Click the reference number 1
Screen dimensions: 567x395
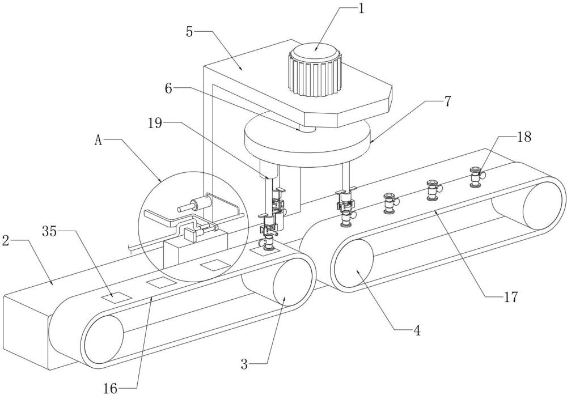point(361,9)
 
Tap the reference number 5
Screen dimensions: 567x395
point(190,32)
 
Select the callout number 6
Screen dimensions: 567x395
point(169,88)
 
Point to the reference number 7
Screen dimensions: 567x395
point(447,101)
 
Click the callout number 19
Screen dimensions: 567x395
point(155,123)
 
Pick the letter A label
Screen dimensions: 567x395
point(99,141)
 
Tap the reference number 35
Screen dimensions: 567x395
point(49,231)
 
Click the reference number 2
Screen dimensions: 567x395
point(6,241)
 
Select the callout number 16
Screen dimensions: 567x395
point(110,389)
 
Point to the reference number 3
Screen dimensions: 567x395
point(244,364)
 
